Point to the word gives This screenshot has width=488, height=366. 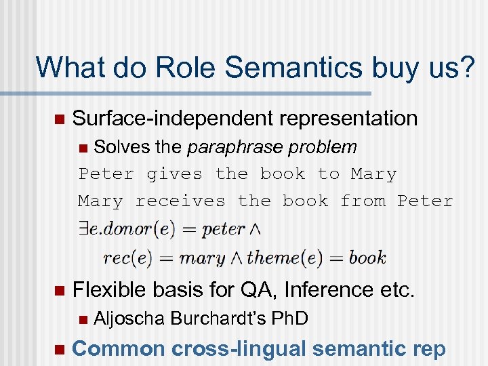[174, 174]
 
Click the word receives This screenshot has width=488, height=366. [180, 201]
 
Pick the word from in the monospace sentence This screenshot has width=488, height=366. [363, 201]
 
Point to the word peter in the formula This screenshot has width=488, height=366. [224, 229]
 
